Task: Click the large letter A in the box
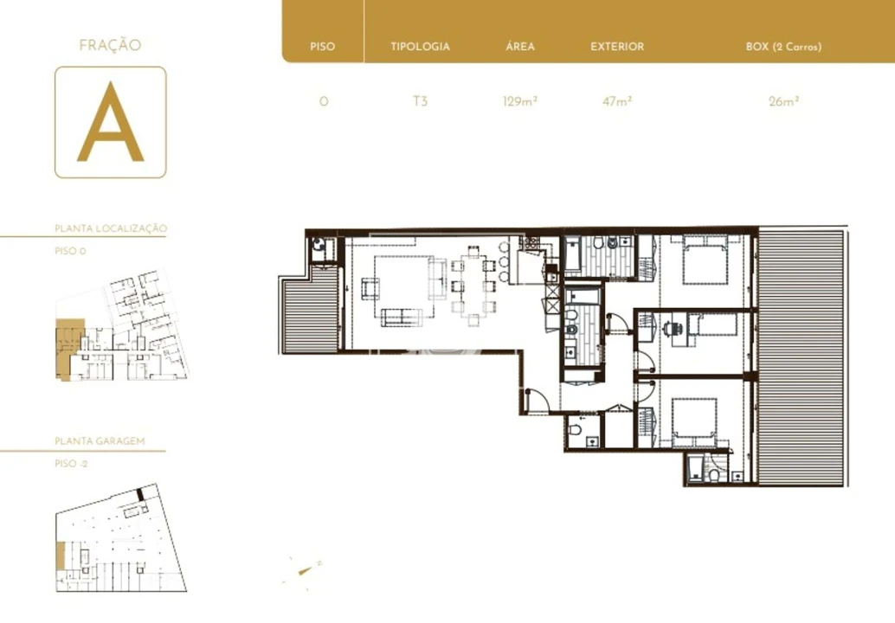(x=110, y=122)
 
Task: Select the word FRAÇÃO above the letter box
(x=110, y=45)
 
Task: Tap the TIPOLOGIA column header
(x=420, y=47)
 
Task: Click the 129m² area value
(x=520, y=101)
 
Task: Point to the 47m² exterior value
(x=617, y=101)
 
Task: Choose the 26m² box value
(x=783, y=101)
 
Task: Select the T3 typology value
(x=420, y=101)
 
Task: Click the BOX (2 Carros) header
(x=783, y=47)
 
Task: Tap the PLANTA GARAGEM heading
(x=100, y=441)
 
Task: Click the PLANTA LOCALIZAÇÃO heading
(x=111, y=228)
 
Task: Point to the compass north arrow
(x=305, y=569)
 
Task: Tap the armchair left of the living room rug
(x=370, y=288)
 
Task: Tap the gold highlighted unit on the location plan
(x=69, y=348)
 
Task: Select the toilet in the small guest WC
(x=575, y=428)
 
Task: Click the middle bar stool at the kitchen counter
(x=503, y=262)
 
